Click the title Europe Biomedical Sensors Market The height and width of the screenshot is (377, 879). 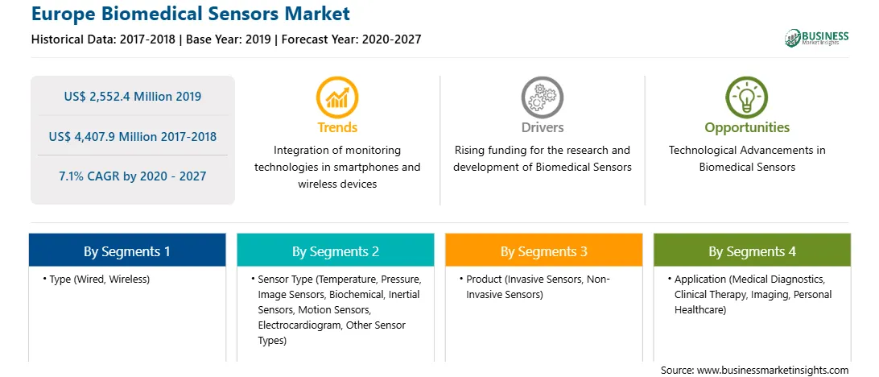click(x=191, y=14)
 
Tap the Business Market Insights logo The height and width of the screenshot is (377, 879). click(x=816, y=38)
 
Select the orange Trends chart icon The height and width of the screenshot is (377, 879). click(x=337, y=97)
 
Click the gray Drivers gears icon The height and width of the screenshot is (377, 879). click(x=542, y=97)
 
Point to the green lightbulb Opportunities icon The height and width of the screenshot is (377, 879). click(x=747, y=97)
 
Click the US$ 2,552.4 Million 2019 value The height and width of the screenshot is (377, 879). click(x=132, y=97)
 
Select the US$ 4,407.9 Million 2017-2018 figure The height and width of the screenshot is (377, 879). click(x=132, y=136)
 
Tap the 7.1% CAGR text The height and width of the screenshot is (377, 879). click(x=132, y=176)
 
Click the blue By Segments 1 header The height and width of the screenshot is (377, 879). click(x=127, y=251)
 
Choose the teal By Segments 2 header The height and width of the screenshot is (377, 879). click(x=335, y=251)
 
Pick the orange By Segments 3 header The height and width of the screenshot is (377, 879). click(x=544, y=251)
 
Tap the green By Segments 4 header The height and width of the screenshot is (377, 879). click(x=753, y=251)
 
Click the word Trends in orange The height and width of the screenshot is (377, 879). click(x=337, y=127)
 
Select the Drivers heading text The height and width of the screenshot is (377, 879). click(x=542, y=127)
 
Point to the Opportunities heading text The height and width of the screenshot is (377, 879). click(x=747, y=128)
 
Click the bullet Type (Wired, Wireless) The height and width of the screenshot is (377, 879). click(x=96, y=279)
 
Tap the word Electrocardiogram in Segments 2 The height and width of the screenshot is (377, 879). click(x=299, y=325)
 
